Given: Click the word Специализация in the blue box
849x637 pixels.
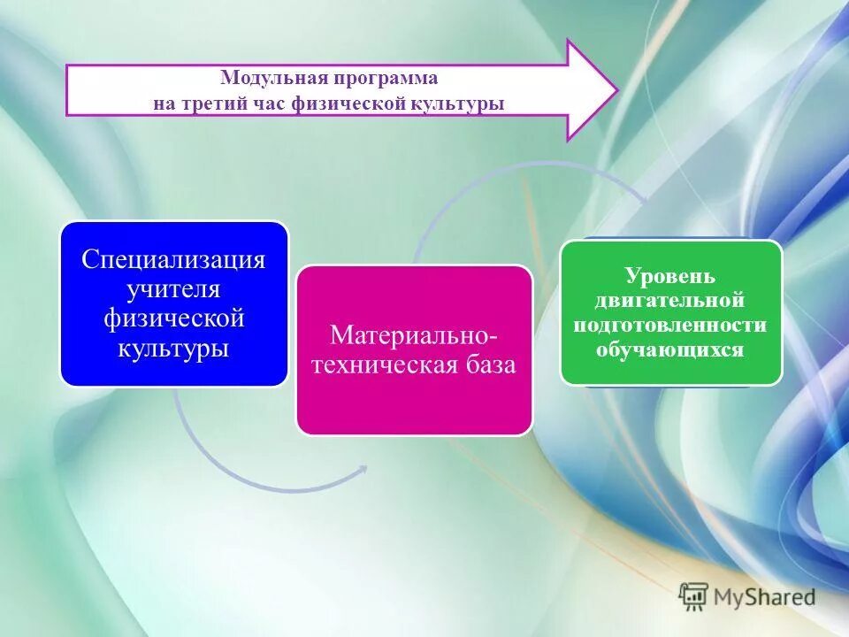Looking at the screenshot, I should [x=174, y=260].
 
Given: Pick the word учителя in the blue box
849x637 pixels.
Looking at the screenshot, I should [x=174, y=289].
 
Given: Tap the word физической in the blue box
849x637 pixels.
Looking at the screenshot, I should [x=174, y=318].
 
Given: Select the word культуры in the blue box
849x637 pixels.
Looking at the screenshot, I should [x=174, y=347].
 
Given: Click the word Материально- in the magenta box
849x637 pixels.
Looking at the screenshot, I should [x=413, y=334].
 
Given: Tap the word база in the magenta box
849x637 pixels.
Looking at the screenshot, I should [x=485, y=365].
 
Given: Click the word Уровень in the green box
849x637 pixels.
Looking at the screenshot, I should [x=670, y=276].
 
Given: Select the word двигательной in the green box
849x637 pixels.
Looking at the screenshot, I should [x=670, y=301].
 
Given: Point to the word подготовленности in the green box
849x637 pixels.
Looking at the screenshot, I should [x=670, y=325].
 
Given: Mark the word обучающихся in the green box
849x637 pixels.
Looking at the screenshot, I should [x=670, y=349].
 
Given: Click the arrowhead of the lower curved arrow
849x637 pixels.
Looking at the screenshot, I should [x=362, y=470].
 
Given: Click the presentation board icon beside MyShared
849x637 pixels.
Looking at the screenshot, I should [x=694, y=596].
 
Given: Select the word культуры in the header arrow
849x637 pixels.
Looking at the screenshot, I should [x=459, y=104].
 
